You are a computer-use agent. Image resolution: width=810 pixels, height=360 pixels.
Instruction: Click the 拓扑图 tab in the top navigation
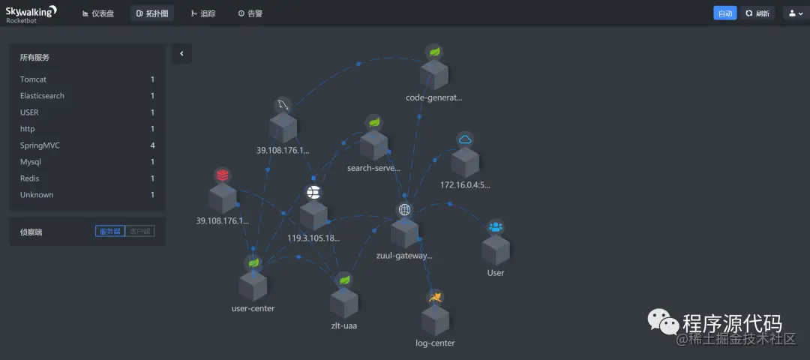tap(152, 13)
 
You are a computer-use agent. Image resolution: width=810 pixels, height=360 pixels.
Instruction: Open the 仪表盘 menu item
tap(98, 13)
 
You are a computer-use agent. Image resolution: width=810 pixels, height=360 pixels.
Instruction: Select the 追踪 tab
tap(203, 13)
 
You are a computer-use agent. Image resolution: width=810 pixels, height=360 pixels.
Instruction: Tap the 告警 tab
tap(250, 13)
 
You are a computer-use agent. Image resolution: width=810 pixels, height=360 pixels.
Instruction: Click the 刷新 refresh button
tap(757, 13)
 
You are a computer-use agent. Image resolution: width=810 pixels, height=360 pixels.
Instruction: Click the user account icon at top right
tap(796, 13)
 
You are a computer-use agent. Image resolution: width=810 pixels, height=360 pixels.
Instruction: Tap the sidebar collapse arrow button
tap(181, 53)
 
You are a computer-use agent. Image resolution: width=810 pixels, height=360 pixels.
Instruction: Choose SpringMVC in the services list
tap(40, 145)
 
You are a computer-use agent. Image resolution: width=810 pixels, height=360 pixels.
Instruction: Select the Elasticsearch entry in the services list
tap(43, 96)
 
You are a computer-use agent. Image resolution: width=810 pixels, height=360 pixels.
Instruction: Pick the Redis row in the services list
tap(30, 178)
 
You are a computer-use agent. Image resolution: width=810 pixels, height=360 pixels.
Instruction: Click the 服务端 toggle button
tap(109, 232)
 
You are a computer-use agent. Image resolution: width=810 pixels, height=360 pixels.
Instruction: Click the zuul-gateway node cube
tap(405, 233)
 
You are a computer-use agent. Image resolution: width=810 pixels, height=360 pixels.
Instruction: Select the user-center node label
tap(253, 308)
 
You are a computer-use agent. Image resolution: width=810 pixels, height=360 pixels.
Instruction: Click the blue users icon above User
tap(496, 226)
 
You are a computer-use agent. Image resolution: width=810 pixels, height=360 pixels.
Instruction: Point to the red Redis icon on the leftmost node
tap(222, 175)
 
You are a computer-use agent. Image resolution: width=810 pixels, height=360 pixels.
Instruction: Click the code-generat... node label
tap(434, 97)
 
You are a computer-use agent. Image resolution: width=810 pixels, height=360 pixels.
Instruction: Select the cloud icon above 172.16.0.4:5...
tap(465, 139)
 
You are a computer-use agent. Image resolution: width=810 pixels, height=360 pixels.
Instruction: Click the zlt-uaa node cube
tap(344, 301)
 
